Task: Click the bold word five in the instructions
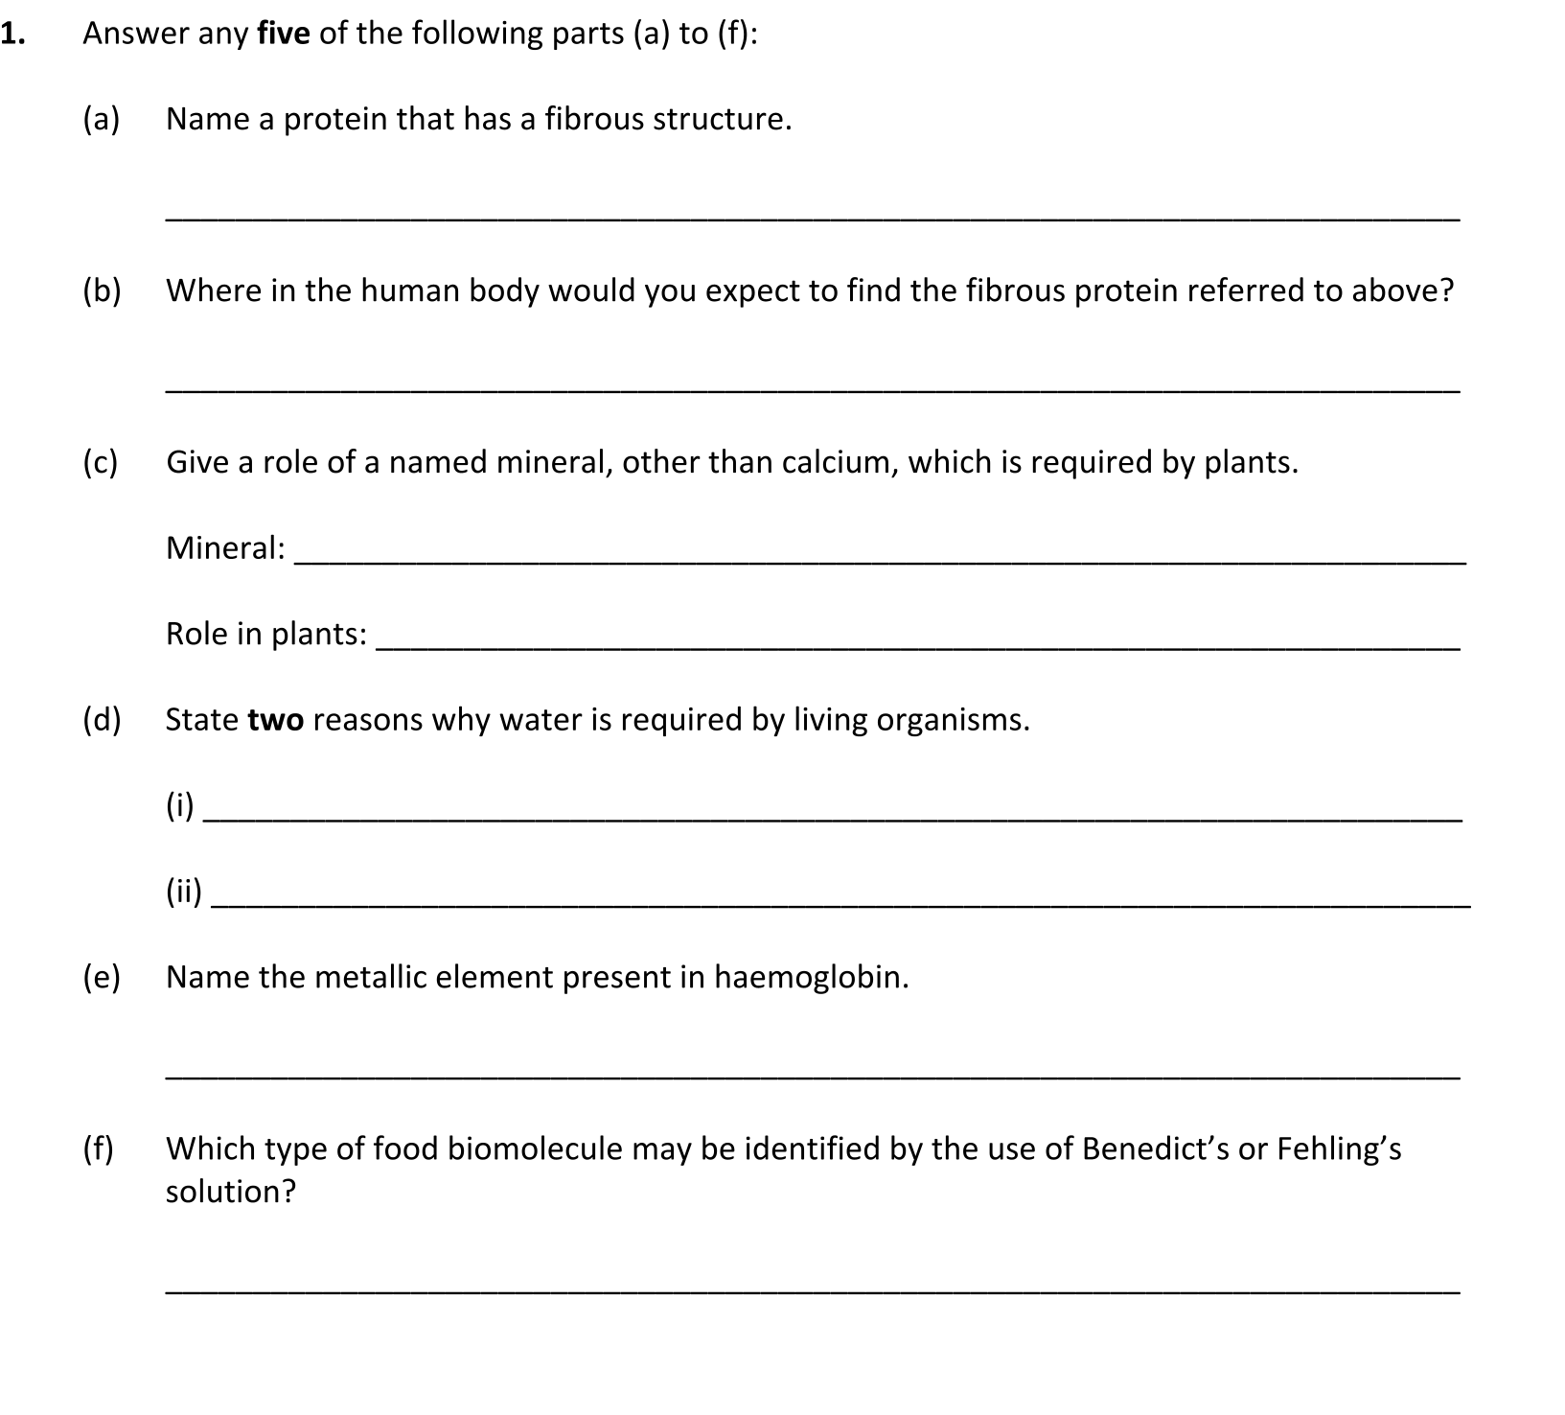point(283,34)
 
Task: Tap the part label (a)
point(102,120)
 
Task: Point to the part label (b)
point(102,290)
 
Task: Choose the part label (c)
point(101,462)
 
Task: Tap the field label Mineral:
point(225,548)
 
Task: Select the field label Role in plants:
point(265,634)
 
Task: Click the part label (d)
point(102,720)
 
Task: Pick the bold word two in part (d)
point(276,720)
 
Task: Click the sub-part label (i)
point(179,806)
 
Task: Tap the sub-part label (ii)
point(184,893)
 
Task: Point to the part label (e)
point(102,978)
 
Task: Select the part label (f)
point(98,1148)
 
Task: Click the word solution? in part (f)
point(231,1192)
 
